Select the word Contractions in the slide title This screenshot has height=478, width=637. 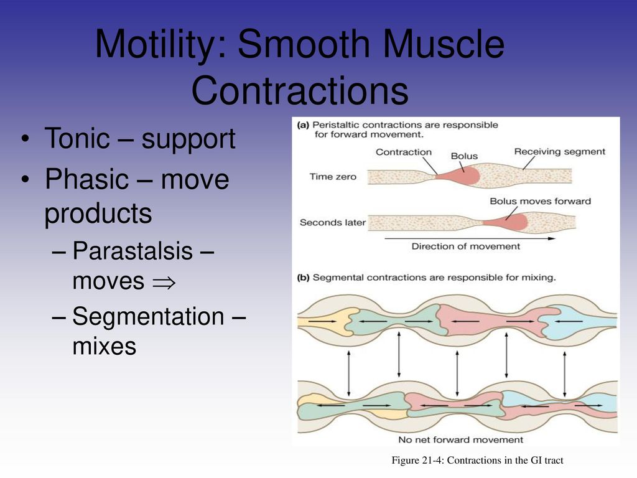[x=300, y=90]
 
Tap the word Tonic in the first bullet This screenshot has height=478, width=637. [x=77, y=138]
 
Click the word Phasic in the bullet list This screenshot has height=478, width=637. [x=86, y=179]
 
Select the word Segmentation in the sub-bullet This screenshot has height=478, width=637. [x=148, y=317]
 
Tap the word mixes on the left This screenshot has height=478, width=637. [x=105, y=346]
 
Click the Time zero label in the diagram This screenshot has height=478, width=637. [x=333, y=176]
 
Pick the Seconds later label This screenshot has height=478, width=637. [x=333, y=222]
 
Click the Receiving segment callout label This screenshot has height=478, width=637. [x=559, y=152]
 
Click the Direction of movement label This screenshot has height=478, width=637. [x=465, y=246]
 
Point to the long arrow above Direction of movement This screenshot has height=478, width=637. [x=470, y=238]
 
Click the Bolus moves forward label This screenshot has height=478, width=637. [x=541, y=201]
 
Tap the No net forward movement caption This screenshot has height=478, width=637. [x=461, y=440]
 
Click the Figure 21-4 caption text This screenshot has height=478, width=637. [x=477, y=461]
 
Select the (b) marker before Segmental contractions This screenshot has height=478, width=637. [x=303, y=278]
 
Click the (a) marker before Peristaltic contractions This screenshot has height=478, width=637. [x=303, y=125]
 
